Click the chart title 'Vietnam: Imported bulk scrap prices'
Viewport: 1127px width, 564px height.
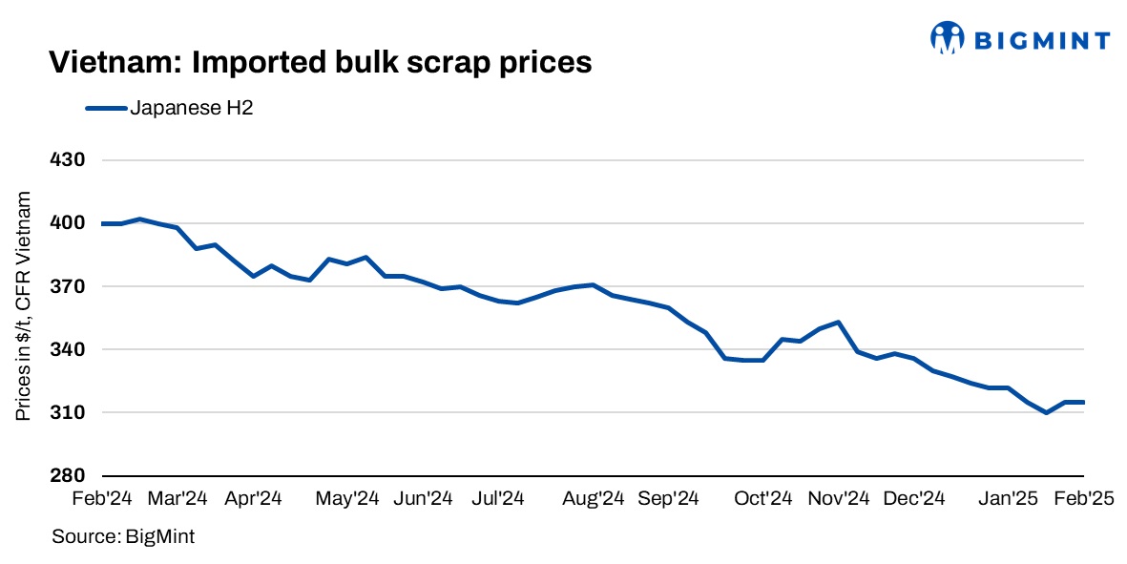[321, 63]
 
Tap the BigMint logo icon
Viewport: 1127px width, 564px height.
[948, 39]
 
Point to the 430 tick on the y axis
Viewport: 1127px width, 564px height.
[69, 160]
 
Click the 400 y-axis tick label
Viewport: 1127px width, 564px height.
[69, 223]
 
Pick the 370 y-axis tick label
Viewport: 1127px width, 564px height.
[69, 286]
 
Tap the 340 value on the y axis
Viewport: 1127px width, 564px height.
[69, 349]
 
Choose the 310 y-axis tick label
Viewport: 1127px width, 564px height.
[69, 412]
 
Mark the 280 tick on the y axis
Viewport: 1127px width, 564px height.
[69, 475]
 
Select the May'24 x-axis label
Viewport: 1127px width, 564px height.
[347, 498]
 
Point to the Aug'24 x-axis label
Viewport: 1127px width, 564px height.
[594, 498]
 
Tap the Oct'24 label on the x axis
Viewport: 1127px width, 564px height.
[763, 498]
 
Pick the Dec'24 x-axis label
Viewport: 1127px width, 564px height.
[915, 498]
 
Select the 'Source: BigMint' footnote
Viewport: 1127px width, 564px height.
[123, 537]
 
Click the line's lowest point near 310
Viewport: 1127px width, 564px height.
[1047, 412]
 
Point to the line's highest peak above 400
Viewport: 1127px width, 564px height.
[139, 219]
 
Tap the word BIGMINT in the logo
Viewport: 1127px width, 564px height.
[1041, 40]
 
